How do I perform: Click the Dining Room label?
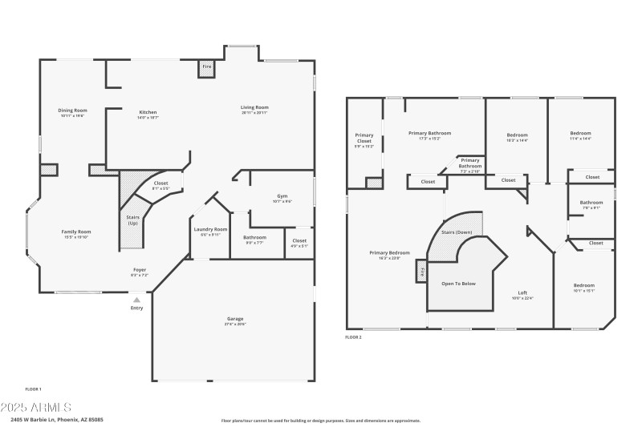(72, 111)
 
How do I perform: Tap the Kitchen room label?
(148, 112)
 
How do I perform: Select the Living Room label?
(254, 107)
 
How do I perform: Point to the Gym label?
(282, 195)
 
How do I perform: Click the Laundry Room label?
(210, 230)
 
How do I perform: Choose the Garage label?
(234, 319)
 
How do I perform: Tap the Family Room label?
(76, 232)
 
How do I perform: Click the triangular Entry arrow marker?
(136, 299)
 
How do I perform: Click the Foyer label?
(140, 270)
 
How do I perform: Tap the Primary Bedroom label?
(389, 253)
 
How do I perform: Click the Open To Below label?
(459, 283)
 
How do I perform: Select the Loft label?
(522, 292)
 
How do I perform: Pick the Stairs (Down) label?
(457, 232)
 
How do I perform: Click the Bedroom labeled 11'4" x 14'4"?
(580, 133)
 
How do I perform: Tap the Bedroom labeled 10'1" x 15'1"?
(583, 286)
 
